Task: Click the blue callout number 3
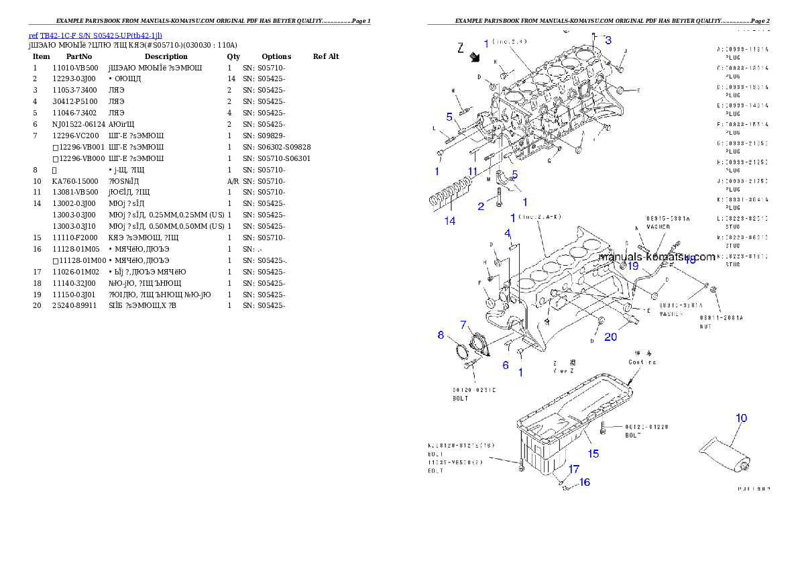(x=608, y=40)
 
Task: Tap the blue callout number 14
(x=450, y=220)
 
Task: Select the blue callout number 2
(x=481, y=207)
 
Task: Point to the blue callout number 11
(x=473, y=172)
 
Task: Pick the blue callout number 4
(x=508, y=234)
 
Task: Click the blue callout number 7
(x=463, y=325)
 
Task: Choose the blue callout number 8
(x=441, y=335)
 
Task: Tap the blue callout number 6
(x=506, y=365)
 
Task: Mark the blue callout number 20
(x=610, y=337)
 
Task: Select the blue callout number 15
(x=593, y=454)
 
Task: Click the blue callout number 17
(x=574, y=469)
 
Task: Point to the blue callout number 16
(x=585, y=482)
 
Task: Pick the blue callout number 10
(x=741, y=418)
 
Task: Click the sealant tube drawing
(x=724, y=450)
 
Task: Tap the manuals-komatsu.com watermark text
(x=657, y=256)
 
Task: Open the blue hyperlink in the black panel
(x=95, y=36)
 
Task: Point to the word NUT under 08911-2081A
(x=707, y=326)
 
